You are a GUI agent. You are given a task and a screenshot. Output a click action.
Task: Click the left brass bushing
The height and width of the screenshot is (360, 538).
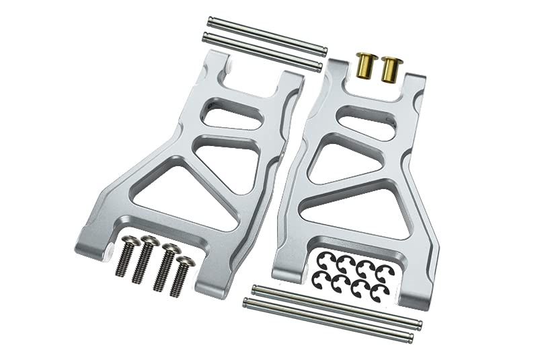point(367,65)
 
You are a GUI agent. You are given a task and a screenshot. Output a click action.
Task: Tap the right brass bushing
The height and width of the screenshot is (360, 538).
point(389,69)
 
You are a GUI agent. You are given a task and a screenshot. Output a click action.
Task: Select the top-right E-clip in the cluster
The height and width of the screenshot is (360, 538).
point(383,270)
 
